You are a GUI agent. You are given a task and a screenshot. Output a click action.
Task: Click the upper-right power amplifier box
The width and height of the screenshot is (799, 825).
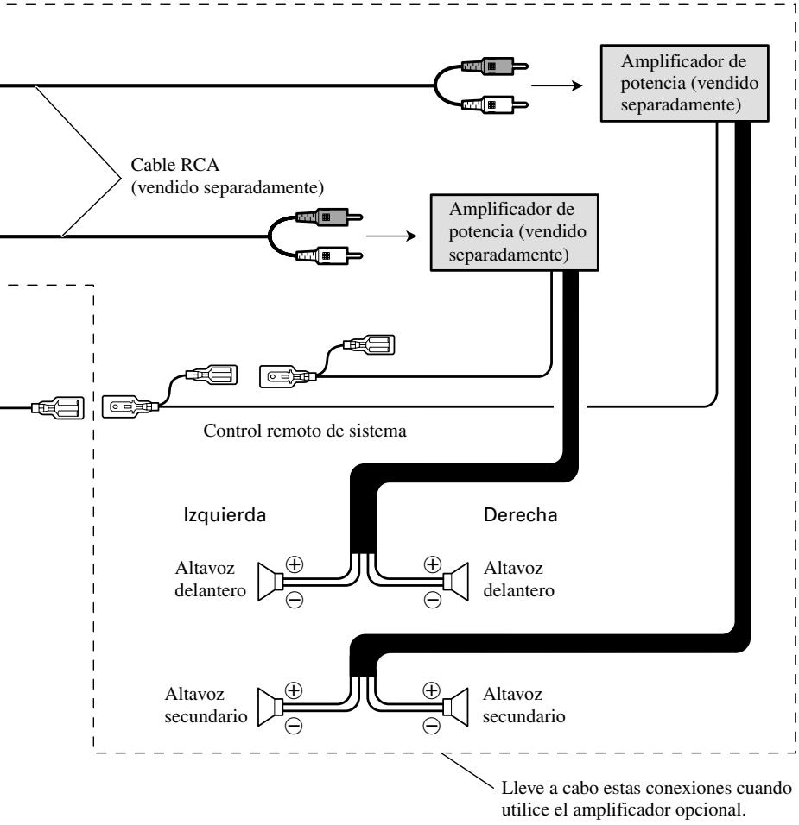point(684,83)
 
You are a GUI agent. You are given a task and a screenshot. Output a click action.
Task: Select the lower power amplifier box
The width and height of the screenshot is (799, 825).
point(514,232)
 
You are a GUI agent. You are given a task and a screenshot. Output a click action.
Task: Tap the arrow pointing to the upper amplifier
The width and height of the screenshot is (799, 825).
point(557,85)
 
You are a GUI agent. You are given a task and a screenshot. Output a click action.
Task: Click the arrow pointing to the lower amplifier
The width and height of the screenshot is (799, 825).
point(390,236)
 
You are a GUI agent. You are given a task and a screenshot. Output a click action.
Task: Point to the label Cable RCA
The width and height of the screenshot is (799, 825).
point(174,165)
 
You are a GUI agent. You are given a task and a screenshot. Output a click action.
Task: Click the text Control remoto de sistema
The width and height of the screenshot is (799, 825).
point(305,431)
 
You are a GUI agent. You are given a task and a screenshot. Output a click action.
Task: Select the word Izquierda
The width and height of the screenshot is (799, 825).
point(225,514)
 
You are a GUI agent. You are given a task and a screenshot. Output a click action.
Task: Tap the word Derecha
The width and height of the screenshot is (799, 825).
point(520,514)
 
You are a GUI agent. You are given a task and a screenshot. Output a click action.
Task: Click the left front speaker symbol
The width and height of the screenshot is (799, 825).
point(270,582)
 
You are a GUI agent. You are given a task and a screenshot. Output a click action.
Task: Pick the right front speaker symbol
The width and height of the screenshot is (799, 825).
point(455,582)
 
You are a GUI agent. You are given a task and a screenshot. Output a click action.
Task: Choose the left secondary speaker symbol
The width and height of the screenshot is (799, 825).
point(270,707)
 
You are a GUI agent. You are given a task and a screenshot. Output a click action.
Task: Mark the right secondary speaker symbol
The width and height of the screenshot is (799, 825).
point(455,707)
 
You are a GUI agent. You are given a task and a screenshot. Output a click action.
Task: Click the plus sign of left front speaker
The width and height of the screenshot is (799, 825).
point(295,564)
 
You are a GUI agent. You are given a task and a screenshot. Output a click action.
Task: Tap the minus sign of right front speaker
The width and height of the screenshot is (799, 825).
point(433,599)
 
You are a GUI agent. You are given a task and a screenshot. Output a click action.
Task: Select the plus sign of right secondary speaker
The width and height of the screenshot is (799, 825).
point(431,690)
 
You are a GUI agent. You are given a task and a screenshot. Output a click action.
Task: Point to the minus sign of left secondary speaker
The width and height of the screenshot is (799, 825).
point(294,726)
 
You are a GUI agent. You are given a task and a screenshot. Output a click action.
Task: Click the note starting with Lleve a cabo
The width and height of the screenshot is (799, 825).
point(646,799)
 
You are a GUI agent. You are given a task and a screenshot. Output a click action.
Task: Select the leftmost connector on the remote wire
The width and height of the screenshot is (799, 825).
point(57,408)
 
